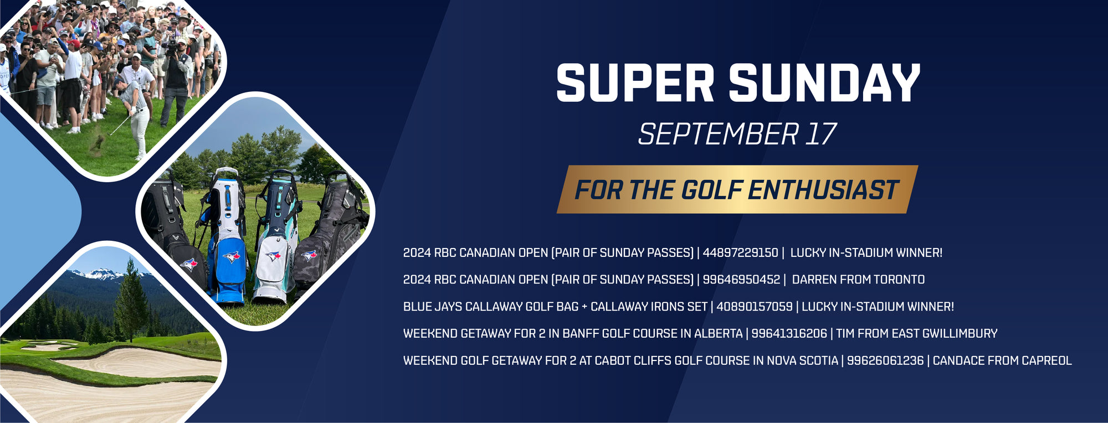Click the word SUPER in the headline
635,82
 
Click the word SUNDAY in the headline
824,82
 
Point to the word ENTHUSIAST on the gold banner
823,190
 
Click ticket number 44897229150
740,252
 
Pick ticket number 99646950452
741,280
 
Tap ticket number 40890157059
755,307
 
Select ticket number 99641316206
789,333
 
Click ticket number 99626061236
885,360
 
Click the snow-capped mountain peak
100,273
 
